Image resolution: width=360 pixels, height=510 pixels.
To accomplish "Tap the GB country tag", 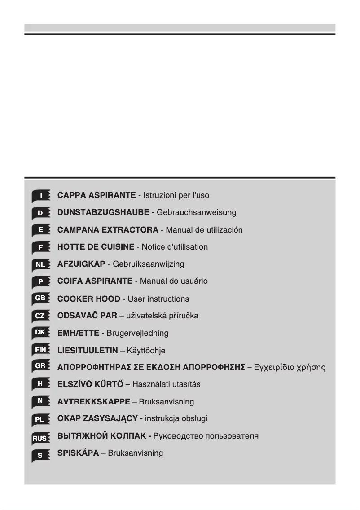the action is click(x=40, y=299).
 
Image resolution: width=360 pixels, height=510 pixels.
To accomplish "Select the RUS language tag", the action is click(x=40, y=436).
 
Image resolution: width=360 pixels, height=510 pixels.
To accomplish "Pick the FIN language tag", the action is click(x=40, y=350).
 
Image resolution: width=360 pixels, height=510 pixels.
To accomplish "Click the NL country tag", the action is click(x=40, y=264).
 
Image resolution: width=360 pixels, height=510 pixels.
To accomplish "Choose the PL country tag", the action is click(x=40, y=419).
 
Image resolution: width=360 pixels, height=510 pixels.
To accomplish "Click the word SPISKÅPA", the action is click(x=78, y=453).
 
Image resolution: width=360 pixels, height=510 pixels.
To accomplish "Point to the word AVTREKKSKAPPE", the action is click(x=94, y=401).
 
